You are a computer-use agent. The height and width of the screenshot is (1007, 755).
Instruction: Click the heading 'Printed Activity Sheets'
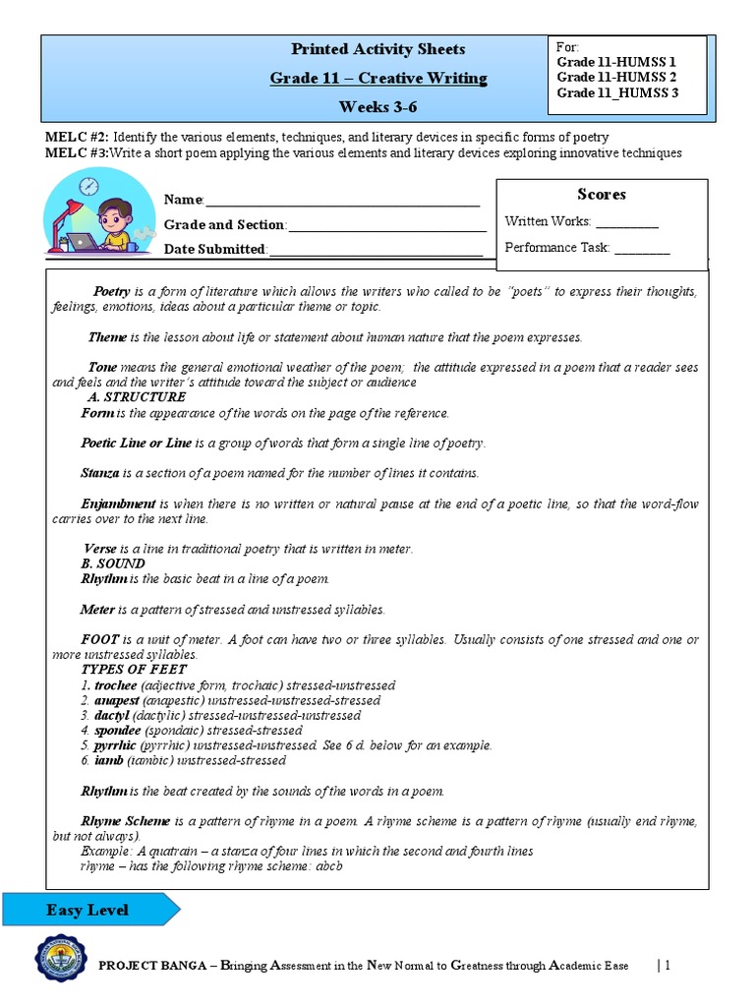[x=377, y=49]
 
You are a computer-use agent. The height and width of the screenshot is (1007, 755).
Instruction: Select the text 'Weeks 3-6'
[x=377, y=106]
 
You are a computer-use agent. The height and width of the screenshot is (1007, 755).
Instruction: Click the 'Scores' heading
[x=601, y=195]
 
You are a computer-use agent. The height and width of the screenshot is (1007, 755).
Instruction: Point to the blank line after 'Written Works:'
[x=627, y=223]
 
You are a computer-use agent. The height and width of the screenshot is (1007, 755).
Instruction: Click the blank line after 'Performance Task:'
[x=642, y=249]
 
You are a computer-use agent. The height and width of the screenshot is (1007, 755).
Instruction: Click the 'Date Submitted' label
[x=214, y=250]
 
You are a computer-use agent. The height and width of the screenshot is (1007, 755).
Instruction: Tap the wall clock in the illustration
[x=89, y=185]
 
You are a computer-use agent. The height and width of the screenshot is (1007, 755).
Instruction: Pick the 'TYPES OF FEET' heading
[x=133, y=670]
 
